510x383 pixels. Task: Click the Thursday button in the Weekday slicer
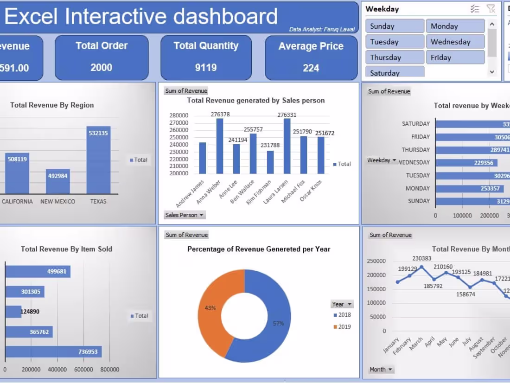(395, 57)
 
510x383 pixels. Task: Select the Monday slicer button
(455, 26)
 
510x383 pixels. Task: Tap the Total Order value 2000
(101, 68)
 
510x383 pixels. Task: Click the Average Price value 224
(311, 68)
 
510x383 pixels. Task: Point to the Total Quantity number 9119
(206, 68)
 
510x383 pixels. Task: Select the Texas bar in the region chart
(98, 160)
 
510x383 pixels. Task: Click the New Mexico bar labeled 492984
(57, 181)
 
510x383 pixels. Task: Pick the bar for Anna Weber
(219, 146)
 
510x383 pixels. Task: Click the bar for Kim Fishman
(270, 162)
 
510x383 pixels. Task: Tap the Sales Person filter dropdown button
(185, 215)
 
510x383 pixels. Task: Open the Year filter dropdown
(342, 304)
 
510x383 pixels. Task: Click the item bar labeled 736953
(53, 352)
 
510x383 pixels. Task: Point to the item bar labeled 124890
(13, 312)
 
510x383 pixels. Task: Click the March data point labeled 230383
(421, 267)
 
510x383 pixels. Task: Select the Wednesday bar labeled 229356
(466, 163)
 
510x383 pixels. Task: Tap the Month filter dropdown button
(382, 370)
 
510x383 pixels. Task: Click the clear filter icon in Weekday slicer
(491, 9)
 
